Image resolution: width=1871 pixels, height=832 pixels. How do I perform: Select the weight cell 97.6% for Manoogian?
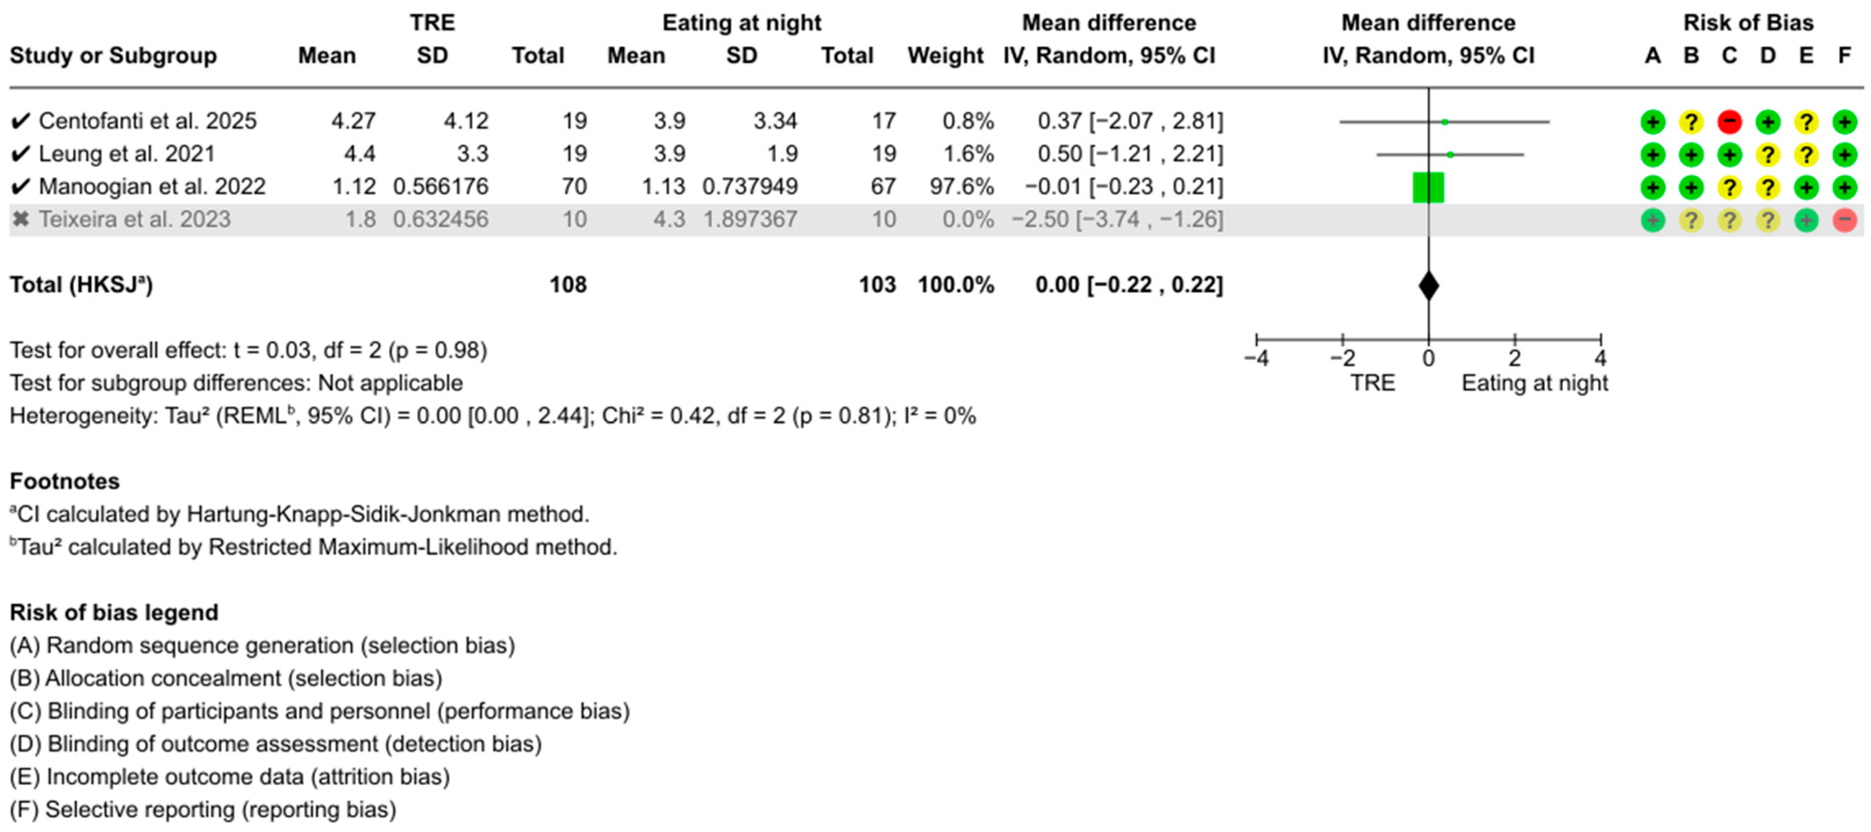point(961,187)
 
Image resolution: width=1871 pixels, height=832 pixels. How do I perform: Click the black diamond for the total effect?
point(1428,285)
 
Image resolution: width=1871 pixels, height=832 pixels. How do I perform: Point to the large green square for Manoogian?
point(1428,187)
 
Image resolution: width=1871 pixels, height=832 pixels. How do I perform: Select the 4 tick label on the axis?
point(1600,359)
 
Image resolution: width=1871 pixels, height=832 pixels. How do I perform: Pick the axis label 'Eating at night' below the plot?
point(1534,383)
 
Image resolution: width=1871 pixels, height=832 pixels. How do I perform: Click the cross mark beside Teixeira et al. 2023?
point(21,219)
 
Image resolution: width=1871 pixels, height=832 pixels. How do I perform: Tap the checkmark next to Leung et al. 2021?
point(21,154)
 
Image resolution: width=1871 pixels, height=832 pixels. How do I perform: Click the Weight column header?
point(945,56)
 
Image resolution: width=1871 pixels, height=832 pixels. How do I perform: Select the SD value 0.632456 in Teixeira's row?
point(441,219)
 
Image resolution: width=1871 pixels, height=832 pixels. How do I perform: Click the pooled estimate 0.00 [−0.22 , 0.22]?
point(1129,284)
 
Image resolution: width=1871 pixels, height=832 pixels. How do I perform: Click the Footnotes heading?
point(65,481)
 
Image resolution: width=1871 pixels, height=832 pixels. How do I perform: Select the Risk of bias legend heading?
point(114,613)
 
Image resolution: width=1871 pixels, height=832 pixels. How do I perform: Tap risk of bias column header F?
point(1844,56)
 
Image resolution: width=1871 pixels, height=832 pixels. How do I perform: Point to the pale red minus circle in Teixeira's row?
point(1844,220)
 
